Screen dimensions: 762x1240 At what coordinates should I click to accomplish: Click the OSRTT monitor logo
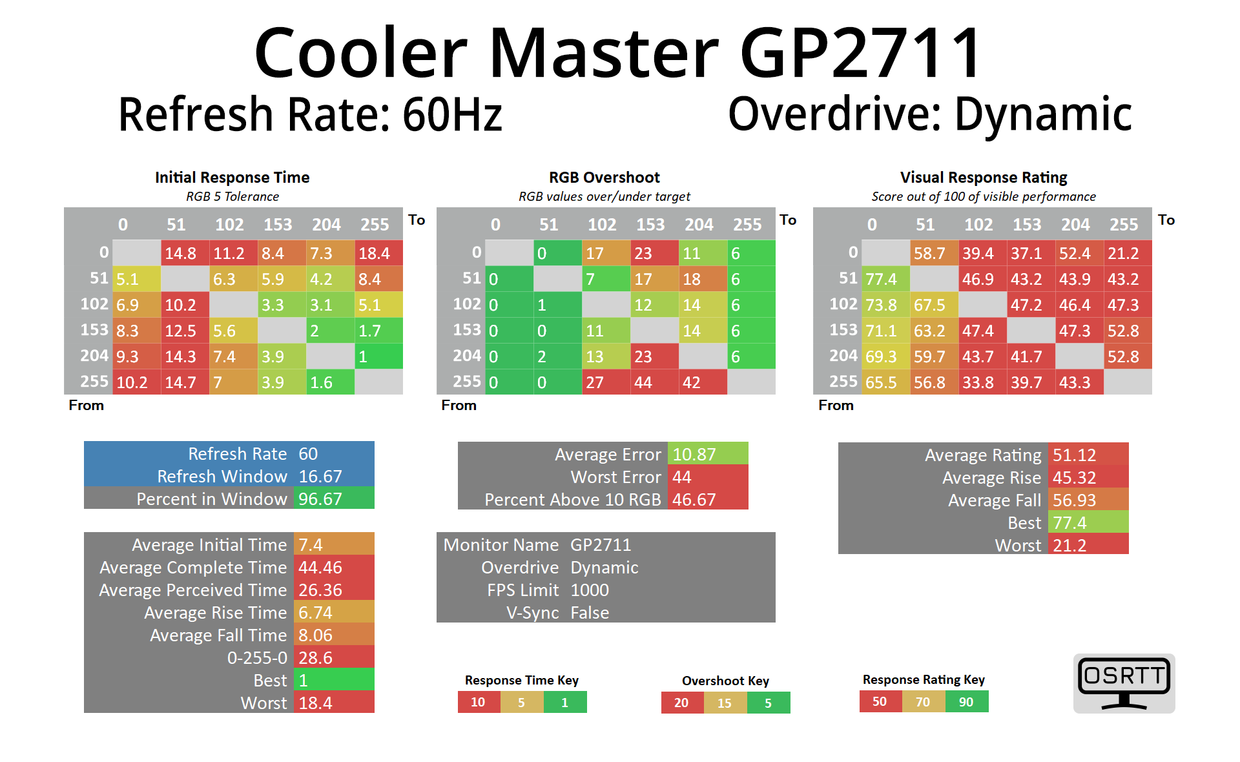click(1124, 683)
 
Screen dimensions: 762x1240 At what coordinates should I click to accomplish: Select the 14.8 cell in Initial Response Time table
click(185, 253)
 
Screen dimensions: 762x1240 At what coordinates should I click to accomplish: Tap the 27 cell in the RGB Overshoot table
click(605, 382)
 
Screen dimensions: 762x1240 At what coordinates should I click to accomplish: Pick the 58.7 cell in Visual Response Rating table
click(934, 253)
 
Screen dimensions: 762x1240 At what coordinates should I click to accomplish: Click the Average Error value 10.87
click(707, 455)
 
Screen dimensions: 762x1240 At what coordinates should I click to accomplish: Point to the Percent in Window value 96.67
click(333, 499)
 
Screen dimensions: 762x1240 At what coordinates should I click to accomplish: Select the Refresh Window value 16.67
click(333, 477)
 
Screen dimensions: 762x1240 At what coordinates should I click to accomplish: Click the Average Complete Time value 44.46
click(333, 568)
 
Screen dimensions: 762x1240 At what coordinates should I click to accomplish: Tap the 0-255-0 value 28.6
click(333, 658)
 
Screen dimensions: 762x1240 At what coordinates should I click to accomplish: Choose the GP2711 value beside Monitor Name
click(601, 545)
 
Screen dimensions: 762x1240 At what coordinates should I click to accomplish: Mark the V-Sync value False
click(590, 613)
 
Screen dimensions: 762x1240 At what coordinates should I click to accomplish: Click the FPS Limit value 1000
click(590, 590)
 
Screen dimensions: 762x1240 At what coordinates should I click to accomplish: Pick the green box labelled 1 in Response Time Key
click(565, 703)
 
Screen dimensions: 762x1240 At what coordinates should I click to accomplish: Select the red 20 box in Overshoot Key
click(682, 703)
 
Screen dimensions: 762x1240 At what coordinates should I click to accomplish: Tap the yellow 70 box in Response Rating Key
click(923, 702)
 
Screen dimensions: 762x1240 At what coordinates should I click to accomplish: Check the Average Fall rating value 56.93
click(1088, 500)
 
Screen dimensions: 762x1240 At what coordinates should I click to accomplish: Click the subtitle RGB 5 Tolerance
click(232, 196)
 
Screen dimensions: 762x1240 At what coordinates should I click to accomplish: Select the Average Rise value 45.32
click(1088, 478)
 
